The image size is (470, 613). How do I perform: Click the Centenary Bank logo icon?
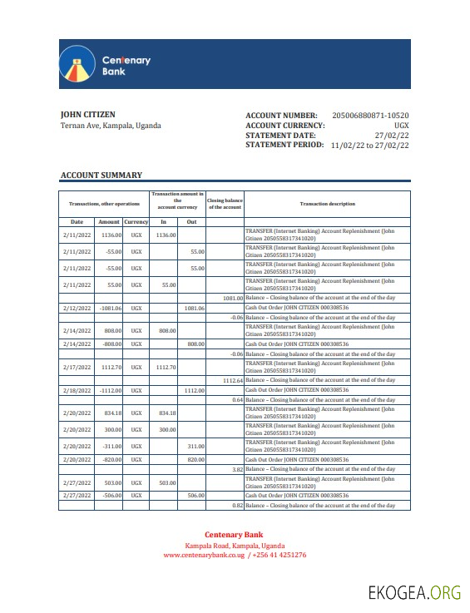pos(77,65)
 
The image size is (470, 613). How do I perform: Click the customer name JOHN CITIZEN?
pos(88,115)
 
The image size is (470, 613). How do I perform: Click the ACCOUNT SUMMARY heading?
pos(101,175)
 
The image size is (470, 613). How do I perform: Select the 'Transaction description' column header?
pos(327,204)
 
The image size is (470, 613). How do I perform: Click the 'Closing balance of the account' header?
pos(224,204)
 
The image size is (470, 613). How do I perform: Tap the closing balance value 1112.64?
pos(232,380)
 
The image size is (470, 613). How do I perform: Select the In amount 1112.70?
pos(166,367)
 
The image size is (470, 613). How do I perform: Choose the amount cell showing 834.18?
pos(111,413)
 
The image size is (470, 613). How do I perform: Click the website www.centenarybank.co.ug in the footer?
pos(203,555)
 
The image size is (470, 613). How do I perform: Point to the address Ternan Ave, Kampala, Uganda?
pos(111,126)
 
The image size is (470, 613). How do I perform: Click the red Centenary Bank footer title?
pos(235,535)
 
